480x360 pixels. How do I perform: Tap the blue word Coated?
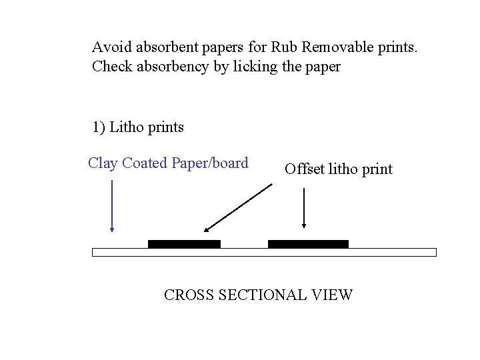145,163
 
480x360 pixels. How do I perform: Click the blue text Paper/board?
210,163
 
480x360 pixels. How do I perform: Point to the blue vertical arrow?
112,206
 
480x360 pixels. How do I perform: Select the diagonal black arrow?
238,208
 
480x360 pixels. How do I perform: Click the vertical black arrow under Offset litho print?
304,209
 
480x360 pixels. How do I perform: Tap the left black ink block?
184,244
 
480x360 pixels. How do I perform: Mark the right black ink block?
308,244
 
